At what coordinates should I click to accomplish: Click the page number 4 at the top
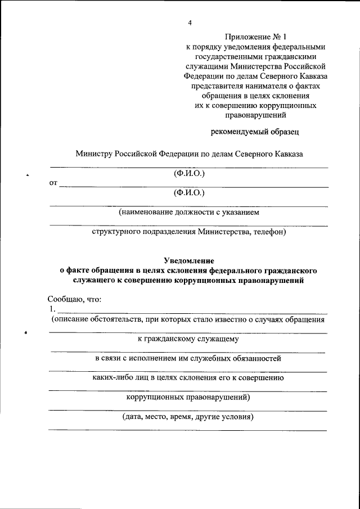[190, 22]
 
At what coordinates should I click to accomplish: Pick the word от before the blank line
[53, 183]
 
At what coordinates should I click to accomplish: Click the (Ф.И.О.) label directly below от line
[189, 193]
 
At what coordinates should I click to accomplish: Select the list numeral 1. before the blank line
[52, 309]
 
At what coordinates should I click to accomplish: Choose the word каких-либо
[112, 378]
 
